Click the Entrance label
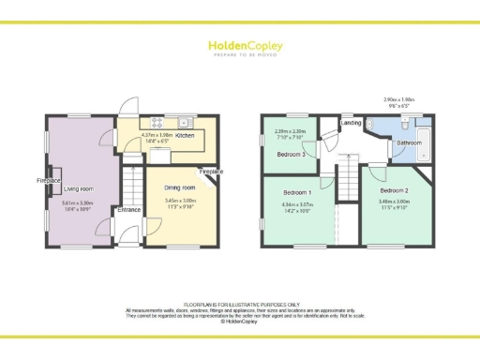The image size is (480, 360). click(x=129, y=210)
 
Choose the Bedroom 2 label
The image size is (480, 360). click(x=394, y=190)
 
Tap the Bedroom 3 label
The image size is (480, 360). click(x=291, y=154)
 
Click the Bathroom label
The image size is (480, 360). click(x=409, y=142)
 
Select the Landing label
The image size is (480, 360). click(x=352, y=123)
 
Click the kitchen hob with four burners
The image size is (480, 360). click(x=157, y=123)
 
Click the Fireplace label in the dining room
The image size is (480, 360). click(x=211, y=172)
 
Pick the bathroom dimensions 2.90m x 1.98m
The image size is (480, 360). click(x=400, y=102)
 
